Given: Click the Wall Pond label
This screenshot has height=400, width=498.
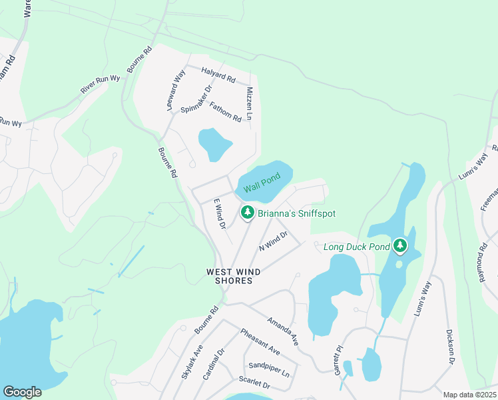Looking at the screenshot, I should click(261, 184).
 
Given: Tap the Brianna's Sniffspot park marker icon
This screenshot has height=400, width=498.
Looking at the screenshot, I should click(247, 213).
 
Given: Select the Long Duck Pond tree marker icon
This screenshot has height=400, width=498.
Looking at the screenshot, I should click(399, 247).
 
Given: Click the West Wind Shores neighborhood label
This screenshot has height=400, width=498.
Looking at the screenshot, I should click(230, 276).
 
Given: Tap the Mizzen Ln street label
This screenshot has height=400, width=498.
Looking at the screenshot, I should click(250, 103).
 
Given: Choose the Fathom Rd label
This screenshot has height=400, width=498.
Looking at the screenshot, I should click(225, 111).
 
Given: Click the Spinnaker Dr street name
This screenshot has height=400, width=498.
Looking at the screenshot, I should click(196, 99).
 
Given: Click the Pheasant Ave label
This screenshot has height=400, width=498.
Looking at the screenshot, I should click(260, 342).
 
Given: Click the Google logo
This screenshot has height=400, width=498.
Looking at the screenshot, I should click(22, 392).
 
